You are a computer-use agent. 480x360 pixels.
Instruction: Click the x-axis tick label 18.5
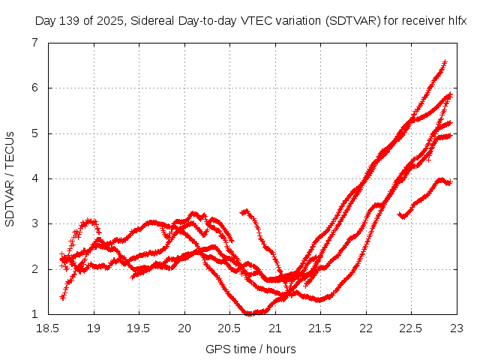click(x=49, y=328)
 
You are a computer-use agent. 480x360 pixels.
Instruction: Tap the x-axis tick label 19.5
click(x=139, y=328)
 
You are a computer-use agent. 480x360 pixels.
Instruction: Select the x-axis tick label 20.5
click(x=230, y=328)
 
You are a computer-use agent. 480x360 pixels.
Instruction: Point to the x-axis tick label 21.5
click(x=321, y=328)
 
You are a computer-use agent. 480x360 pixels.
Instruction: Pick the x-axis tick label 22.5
click(x=411, y=328)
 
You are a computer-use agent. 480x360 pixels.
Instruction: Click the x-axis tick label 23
click(x=456, y=328)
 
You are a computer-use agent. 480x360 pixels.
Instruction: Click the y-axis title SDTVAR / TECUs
click(x=10, y=178)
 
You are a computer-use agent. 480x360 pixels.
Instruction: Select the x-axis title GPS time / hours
click(x=250, y=349)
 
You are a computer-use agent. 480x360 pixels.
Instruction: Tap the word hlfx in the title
click(x=457, y=20)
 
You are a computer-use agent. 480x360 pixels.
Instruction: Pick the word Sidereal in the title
click(x=151, y=20)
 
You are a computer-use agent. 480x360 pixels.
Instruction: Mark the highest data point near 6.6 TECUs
click(x=445, y=62)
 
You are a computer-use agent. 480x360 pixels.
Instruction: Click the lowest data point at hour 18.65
click(x=62, y=298)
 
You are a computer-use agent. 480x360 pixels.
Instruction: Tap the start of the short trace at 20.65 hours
click(x=243, y=212)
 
